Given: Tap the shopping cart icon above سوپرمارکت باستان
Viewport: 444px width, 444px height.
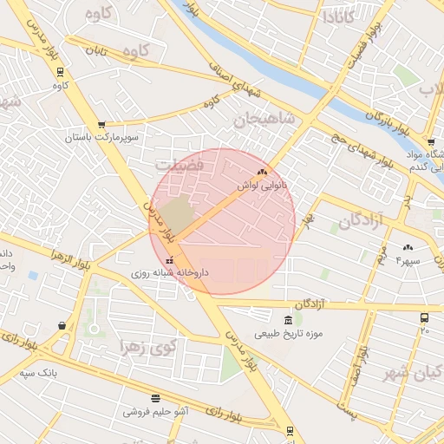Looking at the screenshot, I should (x=102, y=125).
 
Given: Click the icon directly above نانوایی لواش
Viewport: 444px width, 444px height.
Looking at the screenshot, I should (x=262, y=173).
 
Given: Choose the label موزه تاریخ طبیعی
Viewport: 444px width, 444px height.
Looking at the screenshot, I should (x=288, y=333).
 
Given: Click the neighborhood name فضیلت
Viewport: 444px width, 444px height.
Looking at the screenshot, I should (x=180, y=163).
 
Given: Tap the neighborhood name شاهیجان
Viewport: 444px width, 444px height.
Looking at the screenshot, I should (x=264, y=118).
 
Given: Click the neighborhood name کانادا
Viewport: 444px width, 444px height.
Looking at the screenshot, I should (x=339, y=16).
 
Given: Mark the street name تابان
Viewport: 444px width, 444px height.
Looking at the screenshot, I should (x=95, y=51).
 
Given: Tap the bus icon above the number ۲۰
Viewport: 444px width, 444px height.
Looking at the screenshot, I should (x=424, y=318).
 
